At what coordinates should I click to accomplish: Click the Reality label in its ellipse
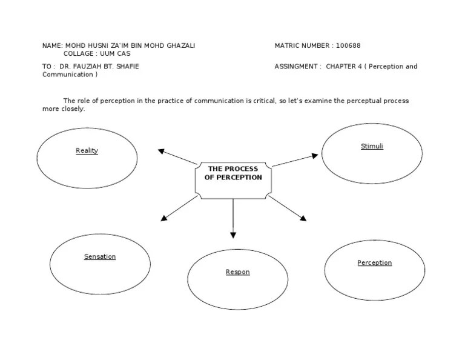pyautogui.click(x=87, y=151)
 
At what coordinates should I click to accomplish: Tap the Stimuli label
pyautogui.click(x=372, y=147)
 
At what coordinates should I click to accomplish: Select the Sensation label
pyautogui.click(x=100, y=257)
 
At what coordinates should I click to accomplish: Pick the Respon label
pyautogui.click(x=237, y=272)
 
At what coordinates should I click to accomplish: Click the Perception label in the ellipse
pyautogui.click(x=374, y=263)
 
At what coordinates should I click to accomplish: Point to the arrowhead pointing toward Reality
pyautogui.click(x=162, y=151)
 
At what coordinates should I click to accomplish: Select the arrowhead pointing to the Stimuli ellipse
pyautogui.click(x=314, y=156)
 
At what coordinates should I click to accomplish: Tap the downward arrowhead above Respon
pyautogui.click(x=233, y=235)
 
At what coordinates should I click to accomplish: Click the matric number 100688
pyautogui.click(x=348, y=45)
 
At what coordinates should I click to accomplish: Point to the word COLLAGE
pyautogui.click(x=78, y=54)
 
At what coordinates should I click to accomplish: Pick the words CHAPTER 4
pyautogui.click(x=343, y=67)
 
